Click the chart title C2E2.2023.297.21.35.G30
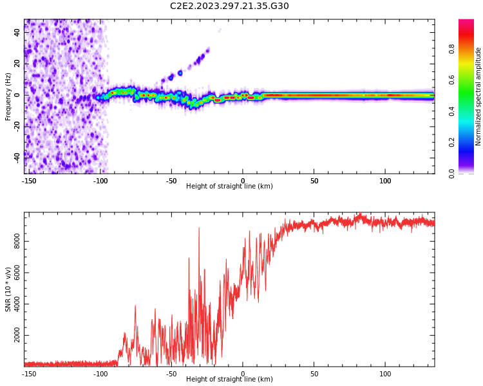(x=229, y=6)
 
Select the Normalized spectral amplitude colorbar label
(x=478, y=96)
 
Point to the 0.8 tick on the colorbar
(x=451, y=48)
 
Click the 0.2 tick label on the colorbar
(x=451, y=142)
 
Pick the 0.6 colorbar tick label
(x=451, y=79)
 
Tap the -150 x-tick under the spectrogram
(x=29, y=181)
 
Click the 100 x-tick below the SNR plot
(x=385, y=374)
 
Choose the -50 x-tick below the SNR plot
(x=171, y=374)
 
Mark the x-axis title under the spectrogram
(x=229, y=187)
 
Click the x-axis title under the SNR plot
(x=229, y=380)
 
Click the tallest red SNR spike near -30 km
(x=198, y=229)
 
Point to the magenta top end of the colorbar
(x=466, y=22)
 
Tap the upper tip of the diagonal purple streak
(x=207, y=49)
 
